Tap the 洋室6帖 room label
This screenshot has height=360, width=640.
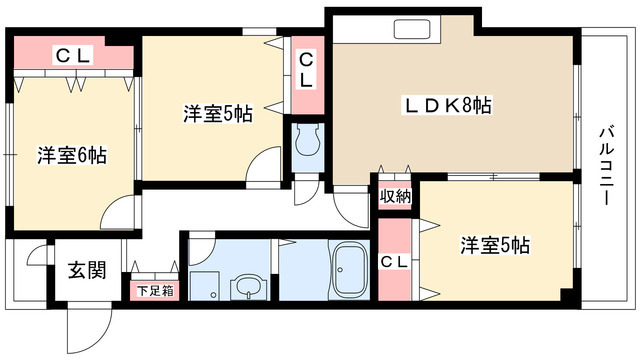click(72, 155)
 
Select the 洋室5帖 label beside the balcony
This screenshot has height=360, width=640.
click(494, 245)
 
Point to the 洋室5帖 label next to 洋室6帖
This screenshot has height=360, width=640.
click(217, 113)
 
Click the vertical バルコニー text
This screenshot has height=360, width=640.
click(606, 164)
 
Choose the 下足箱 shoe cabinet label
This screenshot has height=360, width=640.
click(155, 291)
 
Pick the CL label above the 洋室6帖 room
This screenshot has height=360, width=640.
click(72, 55)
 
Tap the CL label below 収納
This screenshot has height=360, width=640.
click(395, 262)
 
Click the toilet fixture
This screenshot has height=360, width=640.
click(305, 142)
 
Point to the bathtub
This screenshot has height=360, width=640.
click(350, 270)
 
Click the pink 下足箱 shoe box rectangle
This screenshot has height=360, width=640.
click(155, 291)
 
